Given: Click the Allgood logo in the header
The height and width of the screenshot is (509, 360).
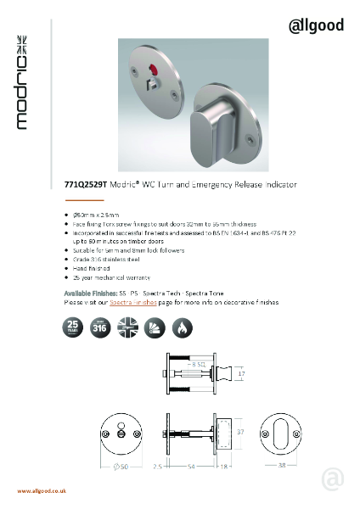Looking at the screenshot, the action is pyautogui.click(x=317, y=26).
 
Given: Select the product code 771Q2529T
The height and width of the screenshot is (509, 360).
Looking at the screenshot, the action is pyautogui.click(x=88, y=182).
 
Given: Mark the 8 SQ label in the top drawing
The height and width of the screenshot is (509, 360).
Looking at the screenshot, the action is pyautogui.click(x=200, y=365).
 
